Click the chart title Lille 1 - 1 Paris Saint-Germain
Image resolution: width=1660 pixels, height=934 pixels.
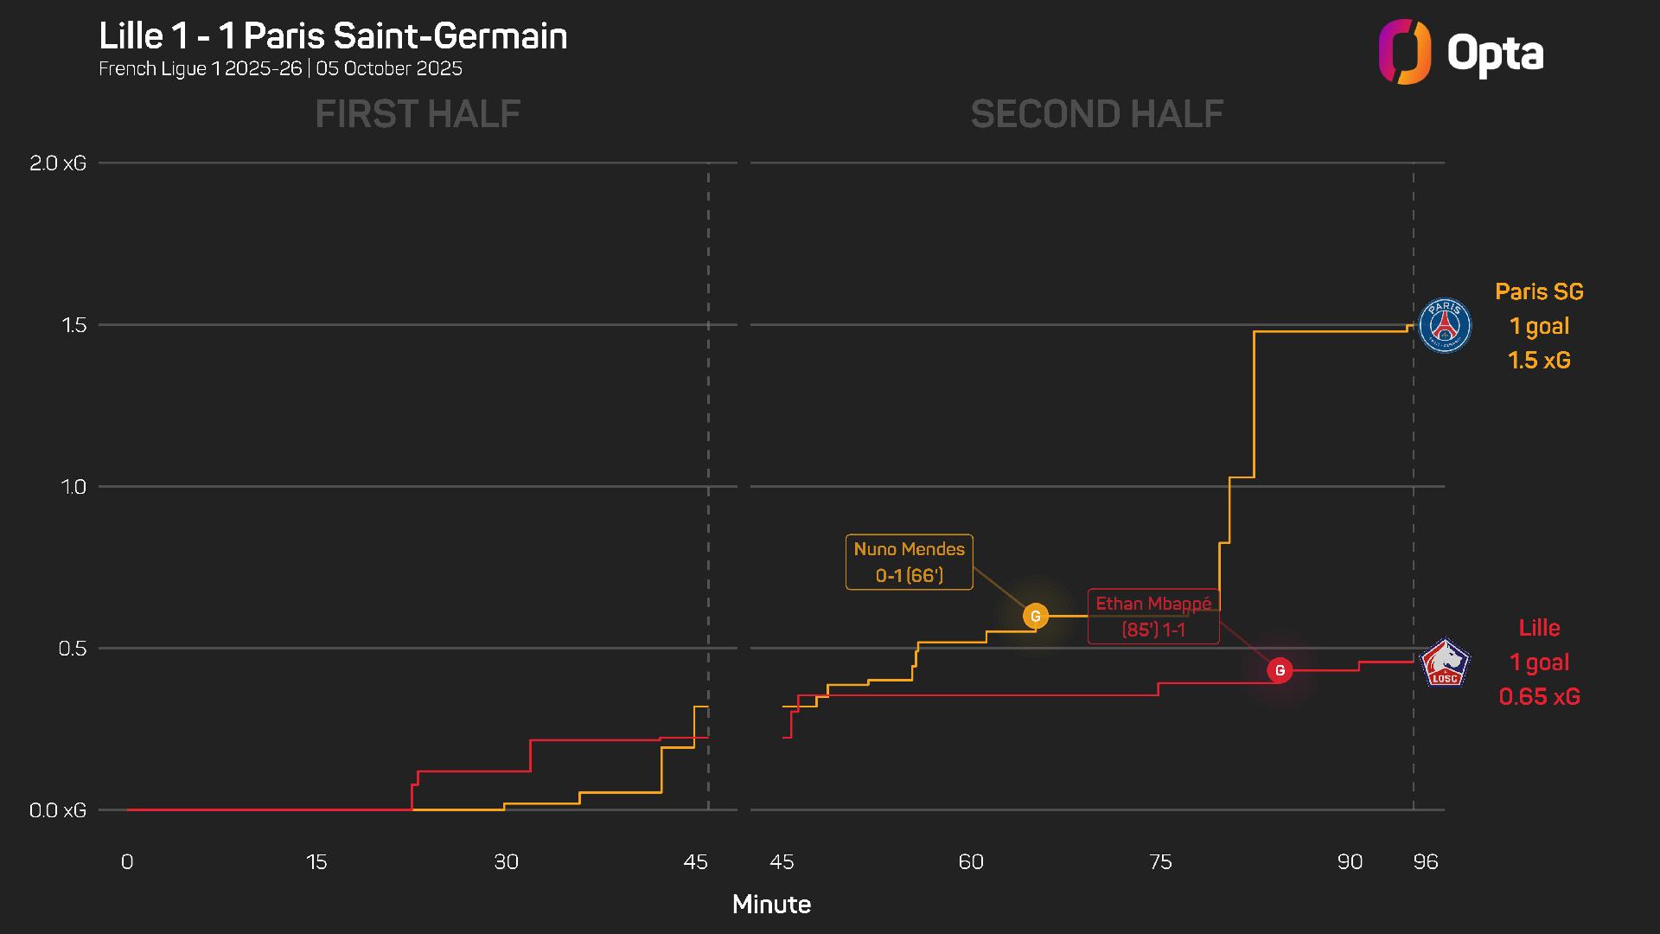point(333,36)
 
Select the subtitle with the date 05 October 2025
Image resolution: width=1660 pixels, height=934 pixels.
point(280,69)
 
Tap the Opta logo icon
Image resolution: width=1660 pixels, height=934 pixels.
point(1404,52)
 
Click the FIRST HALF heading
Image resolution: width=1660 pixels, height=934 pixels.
point(418,114)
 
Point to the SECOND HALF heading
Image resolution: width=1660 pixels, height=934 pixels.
point(1096,114)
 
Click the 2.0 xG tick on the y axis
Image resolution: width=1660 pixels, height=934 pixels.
point(58,163)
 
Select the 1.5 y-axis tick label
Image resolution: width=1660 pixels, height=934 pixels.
point(74,325)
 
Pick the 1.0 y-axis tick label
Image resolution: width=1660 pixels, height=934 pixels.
point(74,487)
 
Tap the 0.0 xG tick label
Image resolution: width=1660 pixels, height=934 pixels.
point(58,810)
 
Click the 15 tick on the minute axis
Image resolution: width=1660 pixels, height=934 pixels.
point(316,862)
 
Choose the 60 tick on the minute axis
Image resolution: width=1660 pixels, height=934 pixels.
point(971,862)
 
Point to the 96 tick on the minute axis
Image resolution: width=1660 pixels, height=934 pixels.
point(1426,862)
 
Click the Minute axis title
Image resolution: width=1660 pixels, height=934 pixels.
point(771,905)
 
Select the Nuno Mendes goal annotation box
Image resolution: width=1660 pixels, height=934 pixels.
point(909,562)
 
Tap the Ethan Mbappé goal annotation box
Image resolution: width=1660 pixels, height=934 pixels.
point(1153,617)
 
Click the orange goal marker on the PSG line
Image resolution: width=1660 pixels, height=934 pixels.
point(1035,616)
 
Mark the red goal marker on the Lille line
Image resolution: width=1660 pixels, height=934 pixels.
point(1280,670)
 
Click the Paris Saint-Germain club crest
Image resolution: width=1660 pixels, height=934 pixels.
point(1445,326)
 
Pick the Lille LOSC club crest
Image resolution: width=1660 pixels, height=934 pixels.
point(1445,663)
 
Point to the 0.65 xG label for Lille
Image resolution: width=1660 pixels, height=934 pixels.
point(1539,697)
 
